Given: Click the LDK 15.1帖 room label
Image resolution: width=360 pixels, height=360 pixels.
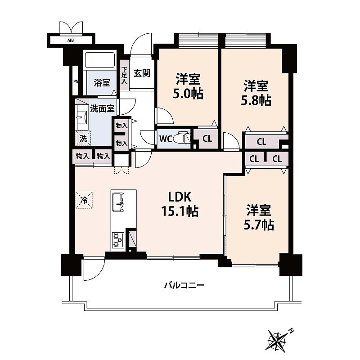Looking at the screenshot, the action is click(180, 204).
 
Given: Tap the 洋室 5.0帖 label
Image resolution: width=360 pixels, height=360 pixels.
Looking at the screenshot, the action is click(188, 86).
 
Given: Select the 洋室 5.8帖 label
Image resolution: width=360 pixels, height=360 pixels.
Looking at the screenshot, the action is click(256, 93).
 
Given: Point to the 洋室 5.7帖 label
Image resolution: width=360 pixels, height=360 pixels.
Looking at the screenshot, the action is click(259, 217).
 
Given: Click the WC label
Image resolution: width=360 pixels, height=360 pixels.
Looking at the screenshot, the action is click(166, 139).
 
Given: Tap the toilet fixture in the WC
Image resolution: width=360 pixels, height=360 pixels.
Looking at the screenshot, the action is click(181, 138).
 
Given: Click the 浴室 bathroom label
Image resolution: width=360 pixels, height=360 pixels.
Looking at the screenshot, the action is click(102, 83).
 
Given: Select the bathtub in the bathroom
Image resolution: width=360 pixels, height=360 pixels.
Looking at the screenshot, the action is click(100, 60).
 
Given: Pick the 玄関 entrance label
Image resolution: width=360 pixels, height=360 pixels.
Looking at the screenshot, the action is click(142, 73).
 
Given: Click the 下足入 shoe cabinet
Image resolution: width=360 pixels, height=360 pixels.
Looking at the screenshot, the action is click(124, 75).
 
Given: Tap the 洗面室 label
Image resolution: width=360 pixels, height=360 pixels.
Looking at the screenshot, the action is click(102, 108).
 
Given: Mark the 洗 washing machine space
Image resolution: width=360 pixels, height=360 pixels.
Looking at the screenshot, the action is click(83, 138).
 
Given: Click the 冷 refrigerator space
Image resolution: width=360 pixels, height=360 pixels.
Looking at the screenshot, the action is click(84, 200).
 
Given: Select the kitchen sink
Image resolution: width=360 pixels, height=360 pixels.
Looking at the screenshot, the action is click(118, 202).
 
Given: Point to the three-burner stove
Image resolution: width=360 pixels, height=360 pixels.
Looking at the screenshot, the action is click(118, 240).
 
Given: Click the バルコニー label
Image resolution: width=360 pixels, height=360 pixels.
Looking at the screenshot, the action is click(184, 285).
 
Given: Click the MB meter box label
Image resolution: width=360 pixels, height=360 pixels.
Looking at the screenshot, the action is click(71, 40).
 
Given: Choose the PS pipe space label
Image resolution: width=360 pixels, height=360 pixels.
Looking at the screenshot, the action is click(76, 81).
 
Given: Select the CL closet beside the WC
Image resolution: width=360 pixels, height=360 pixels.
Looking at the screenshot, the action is click(207, 139).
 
